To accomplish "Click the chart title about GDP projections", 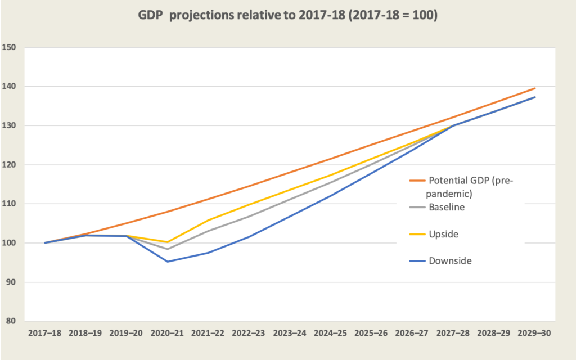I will [x=288, y=16].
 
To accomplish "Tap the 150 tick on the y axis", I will [x=15, y=47].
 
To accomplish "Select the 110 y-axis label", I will [x=15, y=204].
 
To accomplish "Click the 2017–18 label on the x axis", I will [x=45, y=332].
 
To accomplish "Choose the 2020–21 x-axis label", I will [x=168, y=332].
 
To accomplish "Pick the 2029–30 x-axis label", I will [x=534, y=332].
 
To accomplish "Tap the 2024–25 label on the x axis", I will [x=331, y=332].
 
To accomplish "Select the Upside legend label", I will [x=444, y=233].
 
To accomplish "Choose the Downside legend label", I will [x=449, y=260].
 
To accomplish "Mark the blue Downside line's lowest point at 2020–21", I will [x=168, y=262].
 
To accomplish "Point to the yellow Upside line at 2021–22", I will [x=208, y=220].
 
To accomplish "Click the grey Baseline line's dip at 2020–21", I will [x=168, y=249].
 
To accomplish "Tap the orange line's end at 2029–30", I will [x=535, y=88].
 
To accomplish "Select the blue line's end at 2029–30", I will [x=535, y=97].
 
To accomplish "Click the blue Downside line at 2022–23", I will [x=249, y=236].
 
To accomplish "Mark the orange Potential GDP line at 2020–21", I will [x=168, y=211].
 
